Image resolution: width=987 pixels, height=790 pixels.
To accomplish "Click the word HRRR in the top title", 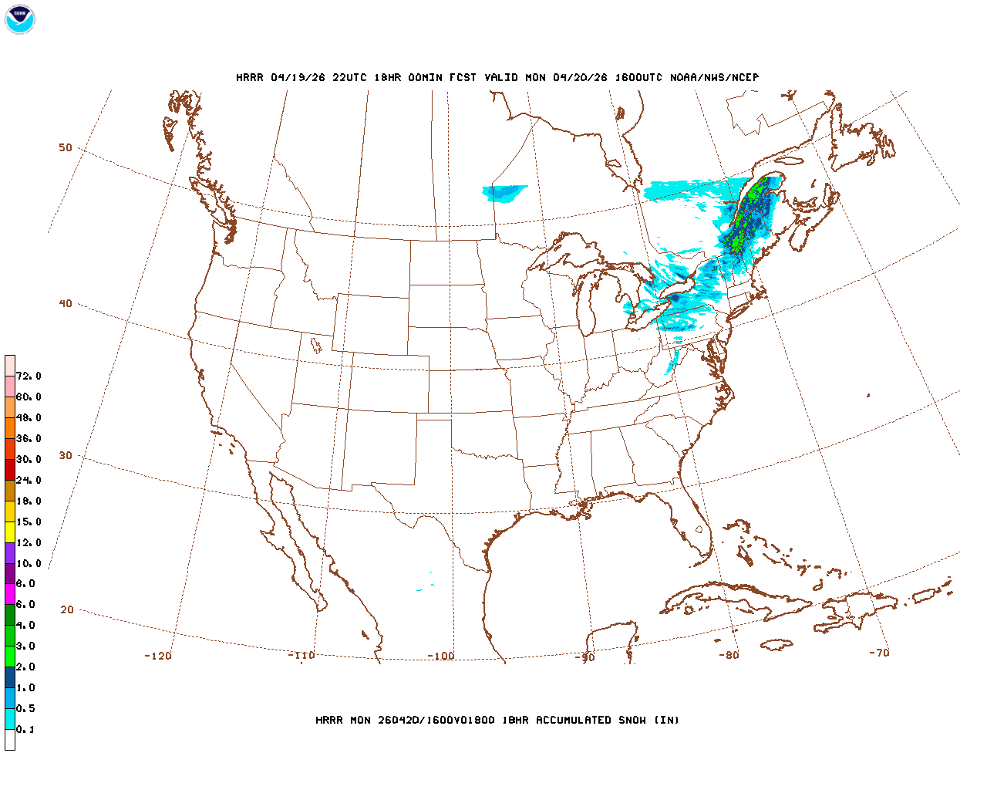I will pyautogui.click(x=250, y=77).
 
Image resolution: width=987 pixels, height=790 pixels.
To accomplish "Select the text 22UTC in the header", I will pyautogui.click(x=349, y=77).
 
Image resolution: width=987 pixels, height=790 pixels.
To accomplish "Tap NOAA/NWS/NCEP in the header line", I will pyautogui.click(x=714, y=77).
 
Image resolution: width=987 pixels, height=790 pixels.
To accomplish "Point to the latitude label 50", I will pyautogui.click(x=66, y=147).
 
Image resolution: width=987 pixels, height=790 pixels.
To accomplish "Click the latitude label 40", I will pyautogui.click(x=66, y=303).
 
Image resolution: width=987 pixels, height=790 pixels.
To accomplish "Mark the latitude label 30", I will pyautogui.click(x=66, y=455).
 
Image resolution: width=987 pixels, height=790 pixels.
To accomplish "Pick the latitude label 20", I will pyautogui.click(x=67, y=609).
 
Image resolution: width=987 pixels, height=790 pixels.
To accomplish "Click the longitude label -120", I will pyautogui.click(x=158, y=656).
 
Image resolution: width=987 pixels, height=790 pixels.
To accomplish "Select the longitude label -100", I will pyautogui.click(x=441, y=657).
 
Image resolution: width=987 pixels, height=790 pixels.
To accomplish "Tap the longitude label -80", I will pyautogui.click(x=729, y=655).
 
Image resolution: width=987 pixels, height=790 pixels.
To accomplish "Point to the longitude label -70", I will pyautogui.click(x=879, y=653).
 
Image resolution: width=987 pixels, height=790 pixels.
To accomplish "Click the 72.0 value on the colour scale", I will pyautogui.click(x=29, y=376).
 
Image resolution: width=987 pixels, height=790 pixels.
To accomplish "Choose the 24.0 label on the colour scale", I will pyautogui.click(x=29, y=481).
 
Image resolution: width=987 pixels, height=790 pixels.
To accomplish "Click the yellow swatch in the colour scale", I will pyautogui.click(x=9, y=532).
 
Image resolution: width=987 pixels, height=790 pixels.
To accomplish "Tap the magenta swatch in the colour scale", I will pyautogui.click(x=9, y=594).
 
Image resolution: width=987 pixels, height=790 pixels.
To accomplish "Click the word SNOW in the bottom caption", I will pyautogui.click(x=631, y=721).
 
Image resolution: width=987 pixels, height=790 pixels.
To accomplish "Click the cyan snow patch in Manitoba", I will pyautogui.click(x=503, y=192).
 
